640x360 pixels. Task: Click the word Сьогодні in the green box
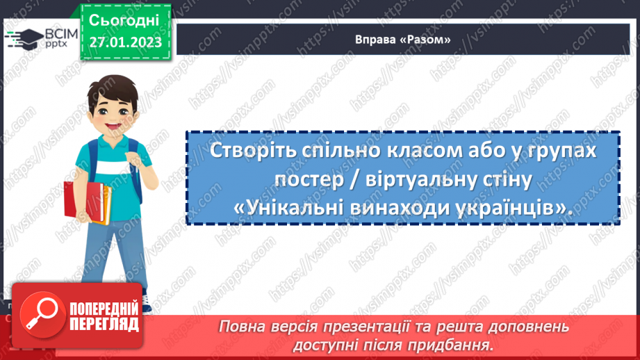tap(124, 19)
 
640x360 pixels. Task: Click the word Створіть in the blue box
tap(243, 152)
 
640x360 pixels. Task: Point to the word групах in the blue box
tap(562, 152)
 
